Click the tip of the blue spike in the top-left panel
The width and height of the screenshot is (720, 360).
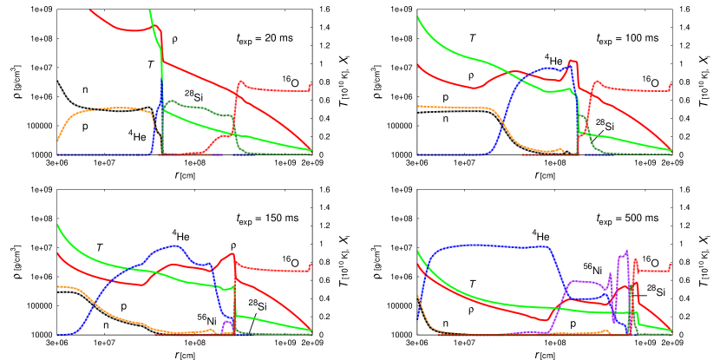click(x=161, y=80)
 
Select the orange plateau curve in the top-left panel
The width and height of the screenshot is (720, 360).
click(x=104, y=108)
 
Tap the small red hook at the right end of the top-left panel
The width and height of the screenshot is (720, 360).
click(x=311, y=85)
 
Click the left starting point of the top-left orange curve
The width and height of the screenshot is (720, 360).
click(x=57, y=140)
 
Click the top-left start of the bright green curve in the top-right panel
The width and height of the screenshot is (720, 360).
click(x=418, y=17)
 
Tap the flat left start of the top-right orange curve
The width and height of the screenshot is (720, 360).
click(x=420, y=106)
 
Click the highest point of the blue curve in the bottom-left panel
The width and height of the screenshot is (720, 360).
click(x=176, y=245)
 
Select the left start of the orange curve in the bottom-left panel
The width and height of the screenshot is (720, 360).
click(x=59, y=286)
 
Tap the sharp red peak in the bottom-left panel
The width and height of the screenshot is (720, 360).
click(x=233, y=253)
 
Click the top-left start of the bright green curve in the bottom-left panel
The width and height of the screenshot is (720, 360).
click(x=57, y=226)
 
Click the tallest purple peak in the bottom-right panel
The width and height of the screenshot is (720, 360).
click(x=626, y=251)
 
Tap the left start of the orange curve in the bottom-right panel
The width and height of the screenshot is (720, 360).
click(x=418, y=297)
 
